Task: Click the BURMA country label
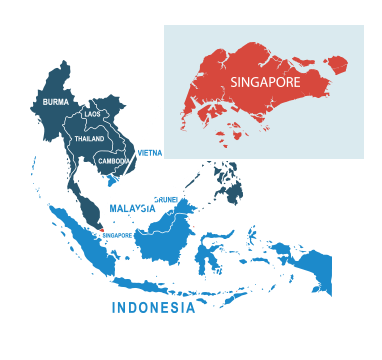[x=55, y=102]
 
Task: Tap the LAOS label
[x=92, y=115]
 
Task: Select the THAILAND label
[x=89, y=139]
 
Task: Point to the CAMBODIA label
[x=114, y=161]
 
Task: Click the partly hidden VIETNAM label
[x=149, y=153]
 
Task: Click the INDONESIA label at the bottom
[x=153, y=308]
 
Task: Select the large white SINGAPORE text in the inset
[x=264, y=80]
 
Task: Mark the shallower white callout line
[x=160, y=196]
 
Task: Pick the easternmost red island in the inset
[x=336, y=65]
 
